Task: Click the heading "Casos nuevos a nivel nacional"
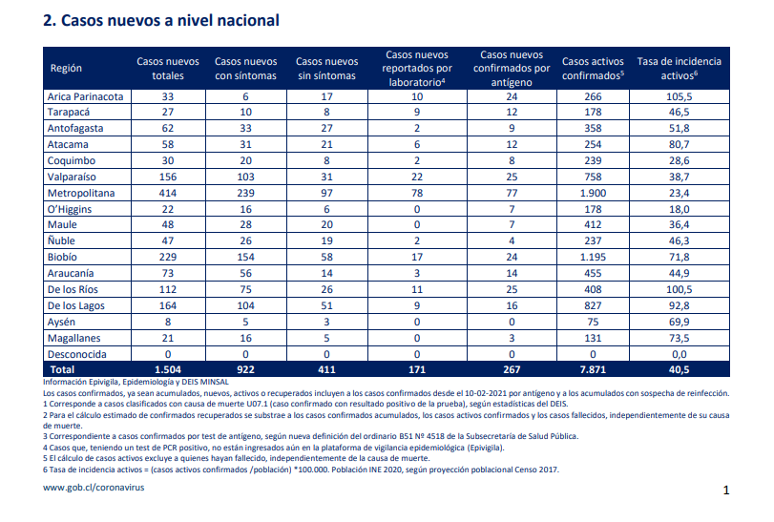tap(170, 20)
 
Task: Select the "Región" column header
tap(66, 68)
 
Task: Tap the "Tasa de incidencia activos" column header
tap(680, 68)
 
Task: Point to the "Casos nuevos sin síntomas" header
tap(326, 68)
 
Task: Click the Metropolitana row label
tap(81, 193)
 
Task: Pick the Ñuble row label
tap(61, 240)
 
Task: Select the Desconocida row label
tap(76, 354)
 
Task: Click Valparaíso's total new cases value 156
tap(168, 177)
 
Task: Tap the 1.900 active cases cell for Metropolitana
tap(593, 193)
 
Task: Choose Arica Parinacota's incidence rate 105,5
tap(680, 96)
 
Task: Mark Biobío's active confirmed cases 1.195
tap(593, 257)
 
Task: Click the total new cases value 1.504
tap(168, 369)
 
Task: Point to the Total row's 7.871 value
tap(593, 369)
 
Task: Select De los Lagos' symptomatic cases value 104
tap(245, 306)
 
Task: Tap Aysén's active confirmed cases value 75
tap(593, 323)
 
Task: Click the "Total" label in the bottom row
tap(62, 369)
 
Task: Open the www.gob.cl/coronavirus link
tap(94, 488)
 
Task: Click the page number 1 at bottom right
tap(726, 490)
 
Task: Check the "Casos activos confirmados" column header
tap(593, 68)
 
